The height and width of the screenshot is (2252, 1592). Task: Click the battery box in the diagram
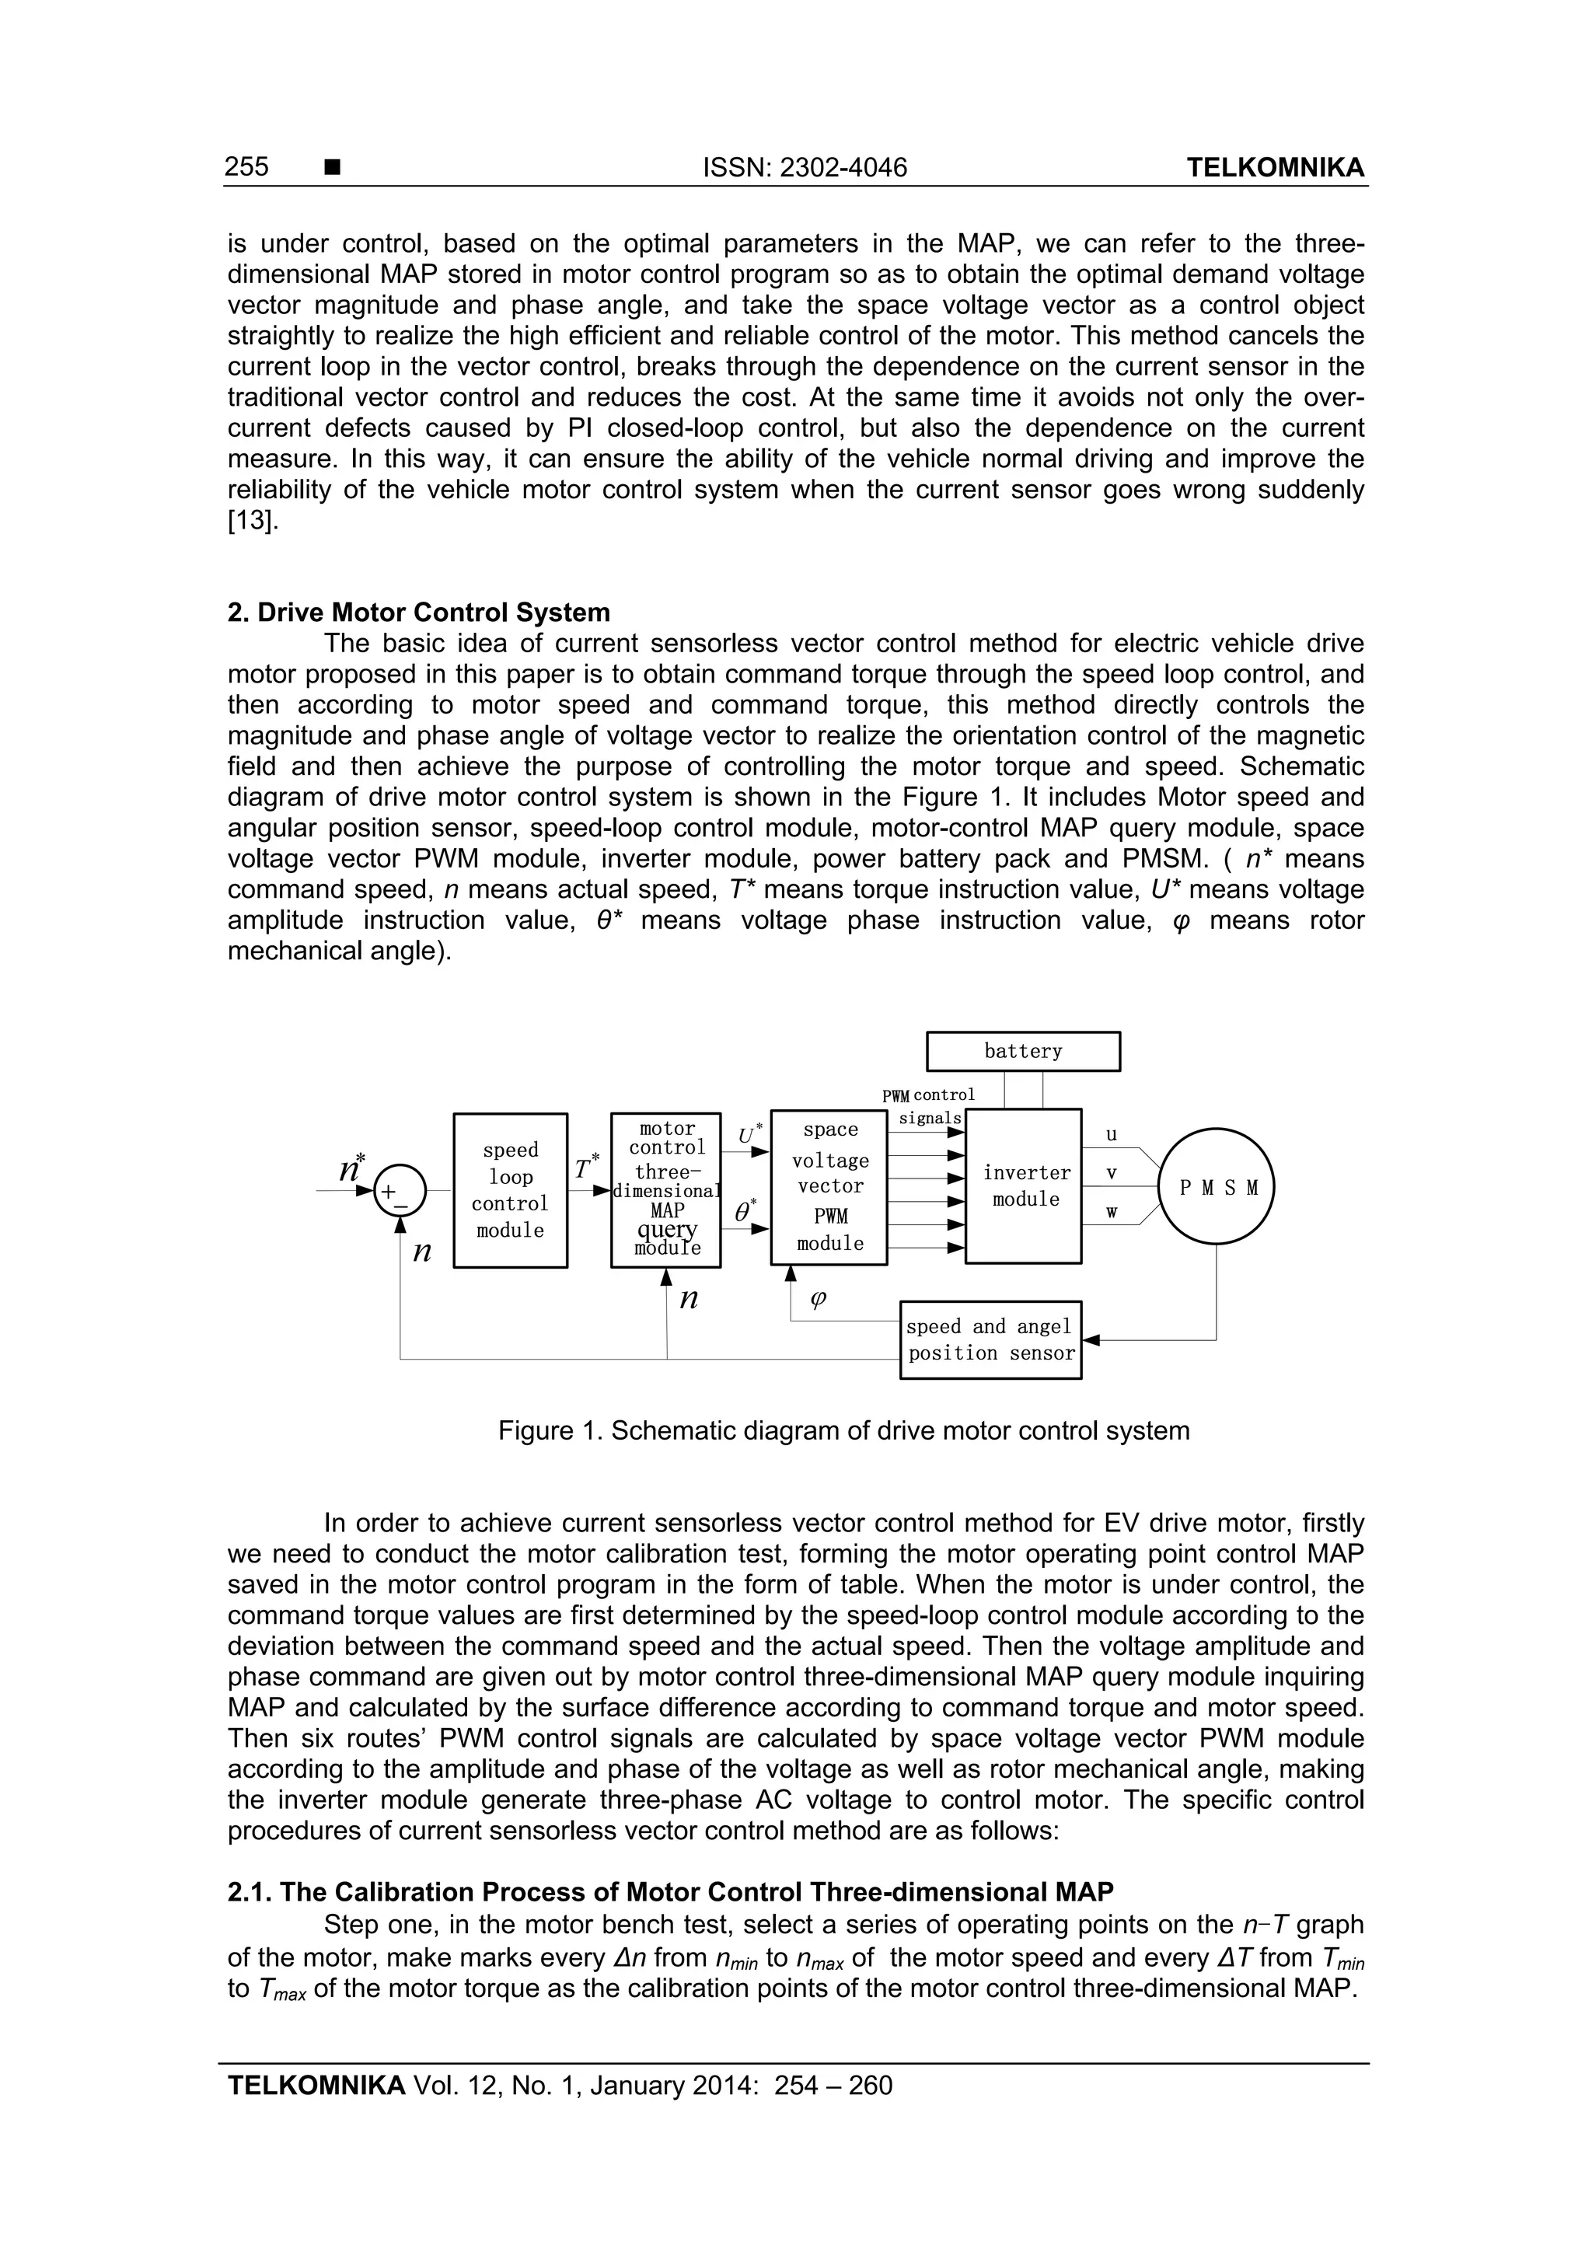(x=1022, y=1052)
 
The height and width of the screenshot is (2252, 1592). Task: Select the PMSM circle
(x=1217, y=1187)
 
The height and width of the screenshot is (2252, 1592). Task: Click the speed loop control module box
(x=510, y=1190)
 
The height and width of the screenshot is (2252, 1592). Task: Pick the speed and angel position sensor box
(x=990, y=1340)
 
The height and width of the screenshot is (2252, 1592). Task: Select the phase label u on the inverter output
(x=1112, y=1135)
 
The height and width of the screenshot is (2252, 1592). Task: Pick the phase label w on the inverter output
(x=1112, y=1213)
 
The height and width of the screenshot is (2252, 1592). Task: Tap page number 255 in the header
(x=246, y=168)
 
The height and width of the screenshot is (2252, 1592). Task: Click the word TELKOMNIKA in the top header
(x=1274, y=168)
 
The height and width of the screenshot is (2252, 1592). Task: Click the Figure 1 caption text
(x=843, y=1430)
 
